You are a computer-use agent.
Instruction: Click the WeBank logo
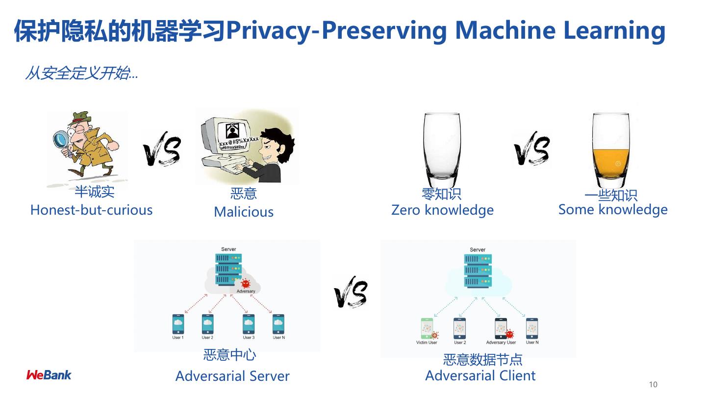(49, 375)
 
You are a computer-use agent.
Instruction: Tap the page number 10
(653, 384)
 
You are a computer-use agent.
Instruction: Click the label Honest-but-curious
(91, 210)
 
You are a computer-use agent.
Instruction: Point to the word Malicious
(244, 212)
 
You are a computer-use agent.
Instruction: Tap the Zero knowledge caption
(442, 210)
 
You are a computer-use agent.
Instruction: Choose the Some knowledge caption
(613, 210)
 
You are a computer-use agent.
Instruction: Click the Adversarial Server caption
(232, 376)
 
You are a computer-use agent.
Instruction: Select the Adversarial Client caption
(480, 376)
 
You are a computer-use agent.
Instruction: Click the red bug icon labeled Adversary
(246, 283)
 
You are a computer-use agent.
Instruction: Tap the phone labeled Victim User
(427, 328)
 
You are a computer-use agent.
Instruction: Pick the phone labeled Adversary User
(501, 328)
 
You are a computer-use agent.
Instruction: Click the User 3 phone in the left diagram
(249, 324)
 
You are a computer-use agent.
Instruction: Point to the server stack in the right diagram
(478, 269)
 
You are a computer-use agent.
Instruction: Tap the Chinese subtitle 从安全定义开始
(81, 74)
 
